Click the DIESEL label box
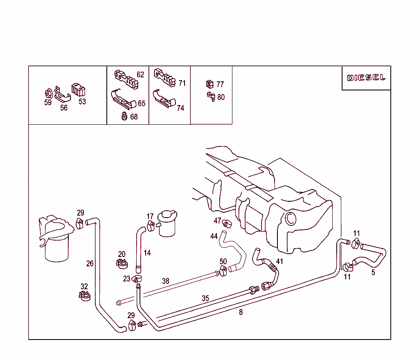pyautogui.click(x=366, y=78)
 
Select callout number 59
pyautogui.click(x=48, y=103)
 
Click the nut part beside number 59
pyautogui.click(x=47, y=92)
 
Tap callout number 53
pyautogui.click(x=82, y=101)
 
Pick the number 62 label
pyautogui.click(x=140, y=74)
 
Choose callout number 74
pyautogui.click(x=180, y=108)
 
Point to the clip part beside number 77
pyautogui.click(x=209, y=84)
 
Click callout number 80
pyautogui.click(x=221, y=97)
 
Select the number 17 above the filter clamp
pyautogui.click(x=150, y=216)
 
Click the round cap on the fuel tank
pyautogui.click(x=291, y=218)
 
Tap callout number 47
pyautogui.click(x=218, y=221)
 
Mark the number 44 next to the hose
pyautogui.click(x=214, y=236)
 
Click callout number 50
pyautogui.click(x=223, y=261)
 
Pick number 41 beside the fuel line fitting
pyautogui.click(x=279, y=261)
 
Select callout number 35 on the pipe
pyautogui.click(x=205, y=298)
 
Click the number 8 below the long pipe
pyautogui.click(x=241, y=312)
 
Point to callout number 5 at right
pyautogui.click(x=373, y=272)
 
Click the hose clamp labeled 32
pyautogui.click(x=85, y=295)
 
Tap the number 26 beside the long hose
pyautogui.click(x=90, y=263)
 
